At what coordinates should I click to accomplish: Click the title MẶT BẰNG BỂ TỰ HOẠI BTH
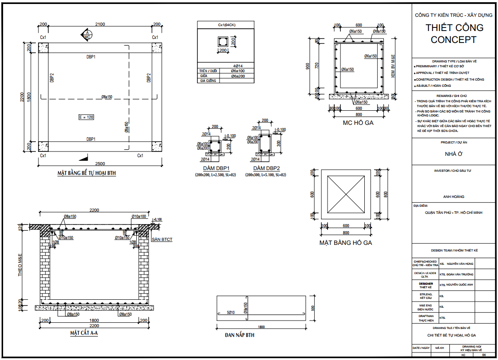(x=86, y=173)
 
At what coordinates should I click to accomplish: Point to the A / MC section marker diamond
(x=87, y=35)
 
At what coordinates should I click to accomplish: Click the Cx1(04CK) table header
(x=227, y=25)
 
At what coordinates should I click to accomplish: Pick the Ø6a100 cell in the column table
(x=238, y=71)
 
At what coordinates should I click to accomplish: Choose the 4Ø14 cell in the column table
(x=238, y=66)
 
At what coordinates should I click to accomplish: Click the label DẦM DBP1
(x=216, y=169)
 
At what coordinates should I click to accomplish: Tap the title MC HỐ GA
(x=358, y=123)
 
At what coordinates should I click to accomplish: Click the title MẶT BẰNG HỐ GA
(x=346, y=243)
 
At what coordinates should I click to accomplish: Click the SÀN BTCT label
(x=162, y=240)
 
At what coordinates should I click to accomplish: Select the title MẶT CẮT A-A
(x=84, y=333)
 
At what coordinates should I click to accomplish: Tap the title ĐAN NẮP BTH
(x=239, y=335)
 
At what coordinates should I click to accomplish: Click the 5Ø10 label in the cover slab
(x=230, y=313)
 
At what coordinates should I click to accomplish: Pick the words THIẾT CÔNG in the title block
(x=454, y=27)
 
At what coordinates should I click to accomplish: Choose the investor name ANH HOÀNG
(x=454, y=197)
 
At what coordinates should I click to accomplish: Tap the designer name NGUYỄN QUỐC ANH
(x=460, y=285)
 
